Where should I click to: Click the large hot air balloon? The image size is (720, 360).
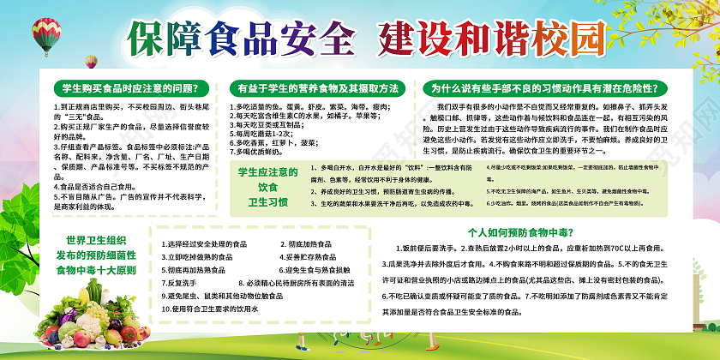click(x=44, y=39)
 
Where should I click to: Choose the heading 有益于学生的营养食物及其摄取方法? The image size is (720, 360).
click(x=319, y=88)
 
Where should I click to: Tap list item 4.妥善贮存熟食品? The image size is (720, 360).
click(x=315, y=256)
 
